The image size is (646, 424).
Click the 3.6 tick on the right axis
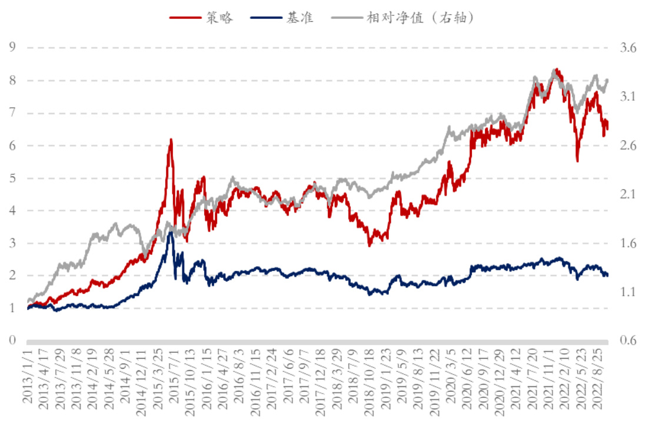(x=628, y=48)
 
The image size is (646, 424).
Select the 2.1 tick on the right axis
(x=628, y=194)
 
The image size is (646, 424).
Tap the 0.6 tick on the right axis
(x=628, y=340)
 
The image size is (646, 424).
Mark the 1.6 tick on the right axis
(x=628, y=243)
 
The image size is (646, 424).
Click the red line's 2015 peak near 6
(x=171, y=140)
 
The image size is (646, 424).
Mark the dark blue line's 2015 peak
(x=171, y=233)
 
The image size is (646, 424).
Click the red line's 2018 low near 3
(x=369, y=245)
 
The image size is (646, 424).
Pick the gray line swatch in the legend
(x=345, y=18)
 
